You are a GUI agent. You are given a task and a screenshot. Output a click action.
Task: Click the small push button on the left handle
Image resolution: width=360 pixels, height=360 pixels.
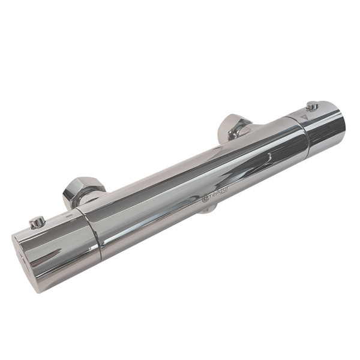click(x=37, y=222)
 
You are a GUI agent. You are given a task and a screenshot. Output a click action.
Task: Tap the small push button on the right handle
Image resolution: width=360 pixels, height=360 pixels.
click(x=311, y=107)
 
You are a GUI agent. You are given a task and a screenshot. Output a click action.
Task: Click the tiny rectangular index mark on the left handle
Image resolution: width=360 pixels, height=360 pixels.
click(x=70, y=213)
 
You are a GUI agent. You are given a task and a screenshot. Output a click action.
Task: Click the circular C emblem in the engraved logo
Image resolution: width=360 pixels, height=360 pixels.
click(x=205, y=198)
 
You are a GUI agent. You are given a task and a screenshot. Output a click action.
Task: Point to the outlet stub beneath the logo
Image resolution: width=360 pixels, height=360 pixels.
click(x=208, y=209)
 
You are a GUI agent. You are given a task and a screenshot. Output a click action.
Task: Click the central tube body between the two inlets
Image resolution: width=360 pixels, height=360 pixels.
click(x=192, y=180)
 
